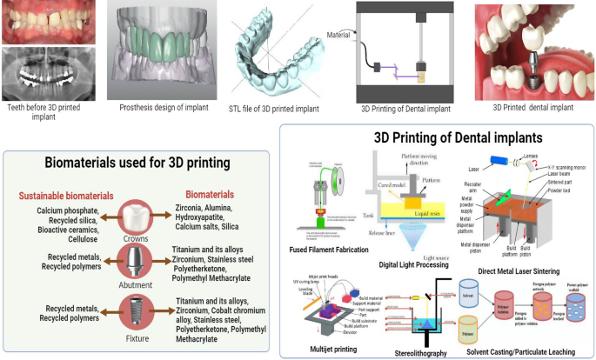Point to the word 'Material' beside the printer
338,36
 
